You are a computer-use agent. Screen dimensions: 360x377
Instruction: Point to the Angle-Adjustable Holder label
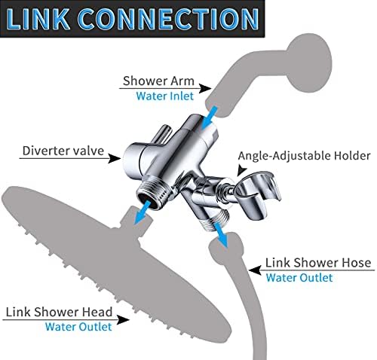tap(304, 156)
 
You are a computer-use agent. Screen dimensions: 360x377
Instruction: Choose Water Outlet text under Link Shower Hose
tap(299, 277)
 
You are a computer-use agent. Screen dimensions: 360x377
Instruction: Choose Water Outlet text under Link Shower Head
tap(78, 326)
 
